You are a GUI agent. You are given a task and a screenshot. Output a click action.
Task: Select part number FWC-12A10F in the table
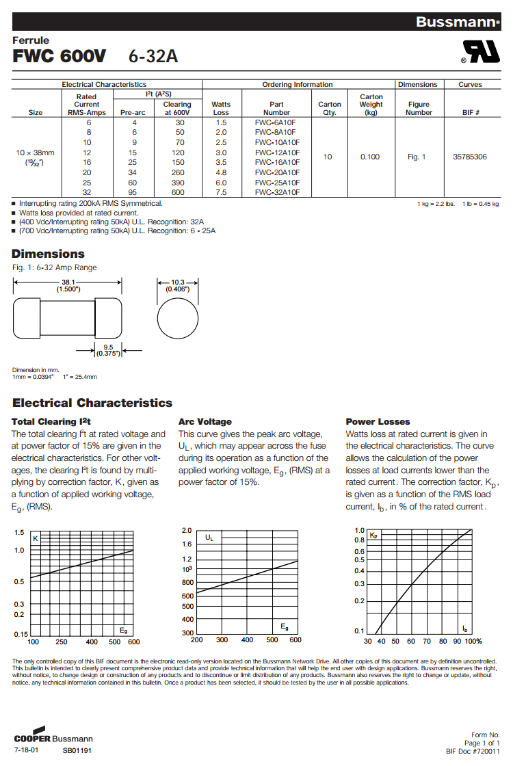coord(277,152)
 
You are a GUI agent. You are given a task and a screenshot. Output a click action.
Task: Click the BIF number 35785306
coord(470,157)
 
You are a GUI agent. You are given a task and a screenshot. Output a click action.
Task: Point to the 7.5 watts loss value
coord(221,192)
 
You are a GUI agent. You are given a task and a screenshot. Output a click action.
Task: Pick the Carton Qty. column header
coord(330,109)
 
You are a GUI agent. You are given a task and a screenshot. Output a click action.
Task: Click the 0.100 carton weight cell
coord(371,157)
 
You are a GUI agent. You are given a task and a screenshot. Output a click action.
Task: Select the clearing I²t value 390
coord(177,183)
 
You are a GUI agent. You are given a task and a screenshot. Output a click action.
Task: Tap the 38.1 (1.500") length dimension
coord(68,285)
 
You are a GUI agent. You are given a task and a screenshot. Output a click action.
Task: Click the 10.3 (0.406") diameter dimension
coord(177,285)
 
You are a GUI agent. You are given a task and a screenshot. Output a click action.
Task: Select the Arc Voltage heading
coord(205,421)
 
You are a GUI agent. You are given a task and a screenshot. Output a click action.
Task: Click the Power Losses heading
coord(378,421)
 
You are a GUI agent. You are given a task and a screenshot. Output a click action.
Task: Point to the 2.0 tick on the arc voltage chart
coord(187,531)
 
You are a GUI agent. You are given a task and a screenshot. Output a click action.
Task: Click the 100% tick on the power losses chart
coord(473,641)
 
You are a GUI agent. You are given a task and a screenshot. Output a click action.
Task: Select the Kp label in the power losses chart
coord(373,536)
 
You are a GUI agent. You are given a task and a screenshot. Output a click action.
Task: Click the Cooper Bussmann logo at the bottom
coord(53,738)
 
